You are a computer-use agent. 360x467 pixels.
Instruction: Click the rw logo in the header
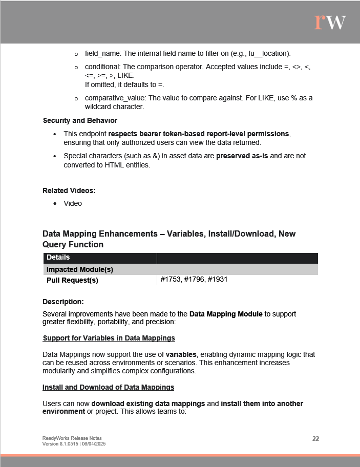click(x=330, y=22)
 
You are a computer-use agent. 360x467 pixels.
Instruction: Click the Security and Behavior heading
click(x=80, y=121)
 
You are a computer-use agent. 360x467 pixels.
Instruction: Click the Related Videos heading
click(x=69, y=190)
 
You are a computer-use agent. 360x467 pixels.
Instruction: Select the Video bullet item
click(x=73, y=203)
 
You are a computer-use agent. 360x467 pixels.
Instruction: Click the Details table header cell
click(x=58, y=258)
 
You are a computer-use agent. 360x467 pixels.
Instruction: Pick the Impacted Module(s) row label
click(x=80, y=269)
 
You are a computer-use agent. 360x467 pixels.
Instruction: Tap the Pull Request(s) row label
click(x=72, y=280)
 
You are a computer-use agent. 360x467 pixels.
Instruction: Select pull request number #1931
click(x=218, y=280)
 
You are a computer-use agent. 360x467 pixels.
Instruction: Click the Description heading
click(x=63, y=302)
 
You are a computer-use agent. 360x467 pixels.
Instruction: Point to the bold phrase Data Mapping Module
click(x=226, y=314)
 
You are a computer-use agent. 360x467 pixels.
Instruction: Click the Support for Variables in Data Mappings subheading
click(x=109, y=338)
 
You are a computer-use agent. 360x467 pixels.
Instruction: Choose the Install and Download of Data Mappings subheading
click(x=108, y=387)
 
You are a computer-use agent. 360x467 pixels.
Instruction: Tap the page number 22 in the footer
click(x=315, y=439)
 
